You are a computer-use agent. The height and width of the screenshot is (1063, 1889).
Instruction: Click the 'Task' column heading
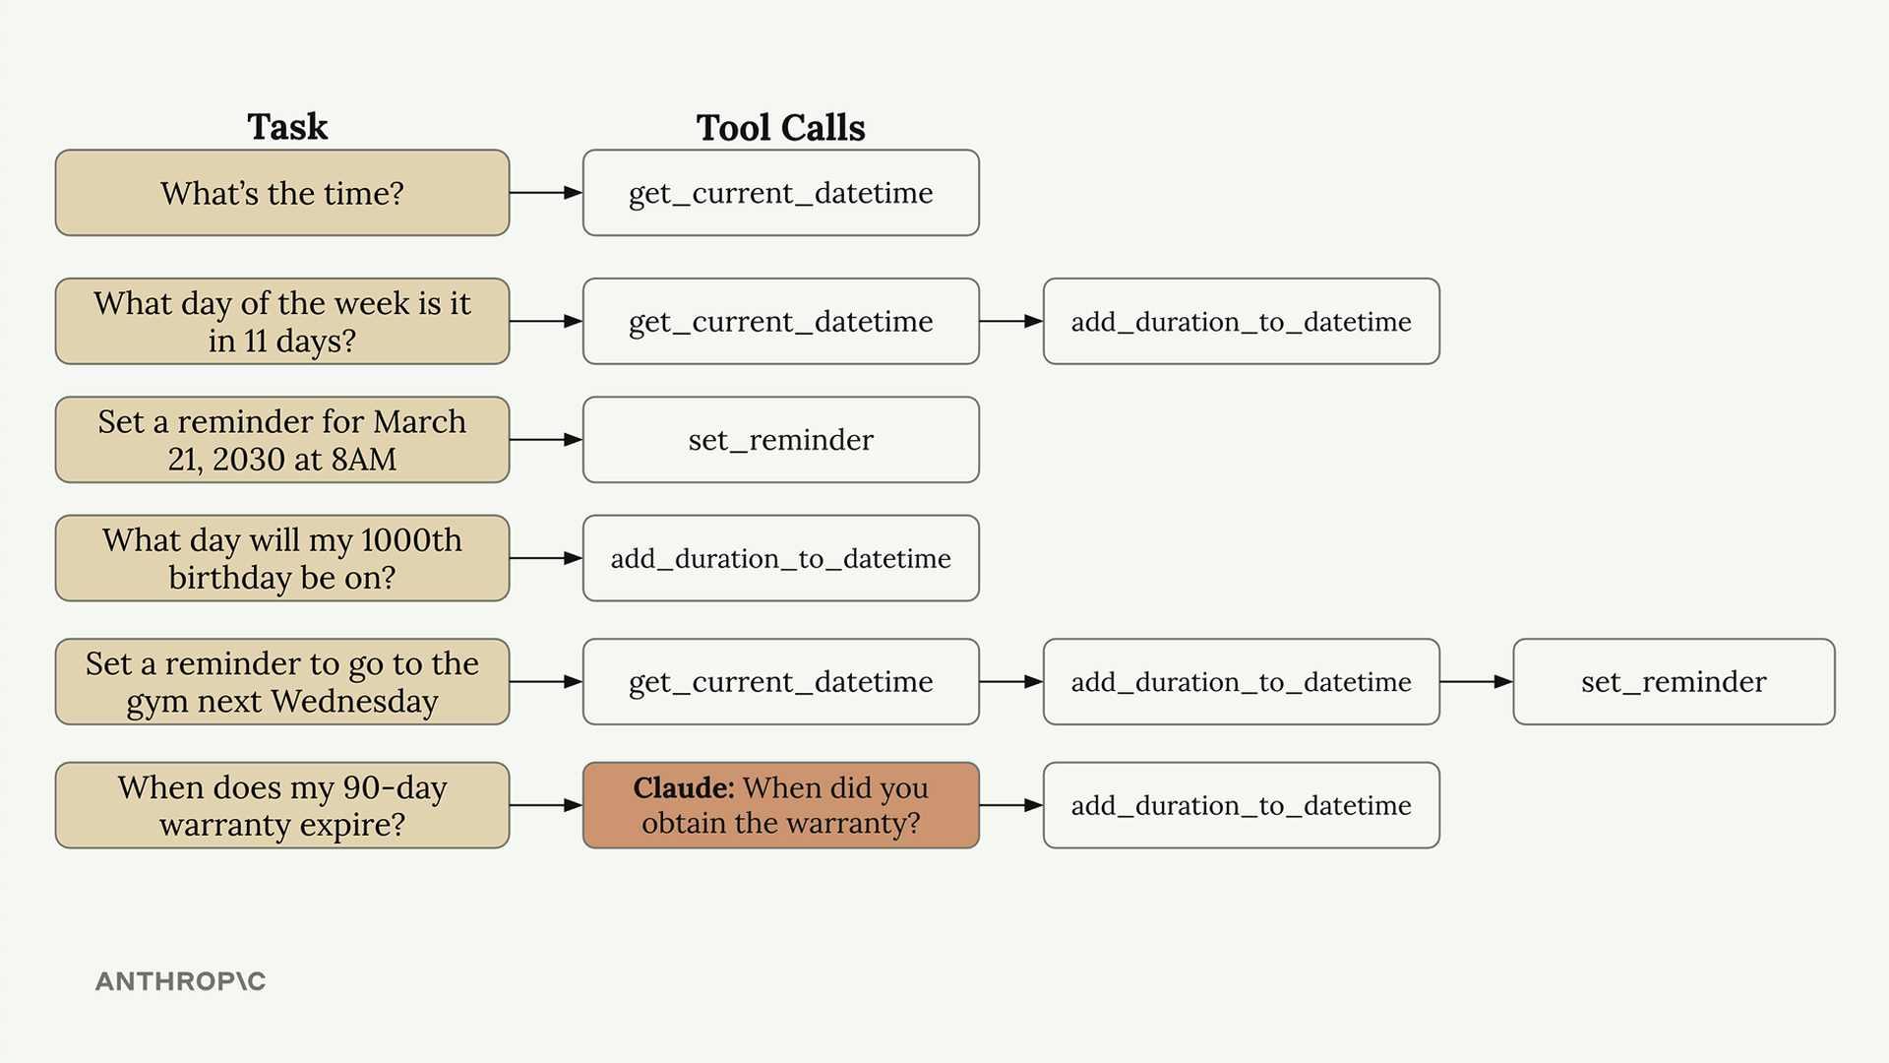287,127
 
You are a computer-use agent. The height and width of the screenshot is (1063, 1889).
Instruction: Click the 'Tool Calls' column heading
780,128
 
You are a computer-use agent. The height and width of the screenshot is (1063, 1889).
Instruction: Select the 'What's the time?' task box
282,193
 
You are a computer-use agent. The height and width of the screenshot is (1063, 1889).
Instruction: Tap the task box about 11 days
282,321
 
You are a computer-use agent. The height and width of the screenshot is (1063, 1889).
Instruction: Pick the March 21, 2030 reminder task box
282,440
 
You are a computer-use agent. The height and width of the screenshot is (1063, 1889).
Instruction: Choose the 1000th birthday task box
282,558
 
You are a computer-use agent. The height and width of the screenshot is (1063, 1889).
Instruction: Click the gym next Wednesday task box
282,682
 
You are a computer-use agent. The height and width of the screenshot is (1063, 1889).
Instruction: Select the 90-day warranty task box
282,805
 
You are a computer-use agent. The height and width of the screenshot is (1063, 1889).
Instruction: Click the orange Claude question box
781,805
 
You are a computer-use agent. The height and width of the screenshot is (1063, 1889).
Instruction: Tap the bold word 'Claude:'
684,787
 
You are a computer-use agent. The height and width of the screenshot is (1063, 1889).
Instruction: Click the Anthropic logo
181,981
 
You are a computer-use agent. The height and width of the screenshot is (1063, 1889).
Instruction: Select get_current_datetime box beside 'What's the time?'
781,193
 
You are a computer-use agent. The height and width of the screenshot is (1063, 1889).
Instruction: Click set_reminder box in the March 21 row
781,440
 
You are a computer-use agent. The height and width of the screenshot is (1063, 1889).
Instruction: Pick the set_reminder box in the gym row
1674,682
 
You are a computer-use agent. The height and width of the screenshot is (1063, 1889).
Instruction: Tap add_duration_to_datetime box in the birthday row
781,558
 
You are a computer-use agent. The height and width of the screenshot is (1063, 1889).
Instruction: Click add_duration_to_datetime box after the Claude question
1242,805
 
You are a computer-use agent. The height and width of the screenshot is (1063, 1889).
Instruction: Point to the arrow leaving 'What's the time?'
546,193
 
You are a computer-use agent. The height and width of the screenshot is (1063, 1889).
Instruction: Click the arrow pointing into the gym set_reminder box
1477,682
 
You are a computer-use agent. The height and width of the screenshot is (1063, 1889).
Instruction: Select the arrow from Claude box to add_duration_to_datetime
1011,805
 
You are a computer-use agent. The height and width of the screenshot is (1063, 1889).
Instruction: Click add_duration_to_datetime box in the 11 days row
1242,321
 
